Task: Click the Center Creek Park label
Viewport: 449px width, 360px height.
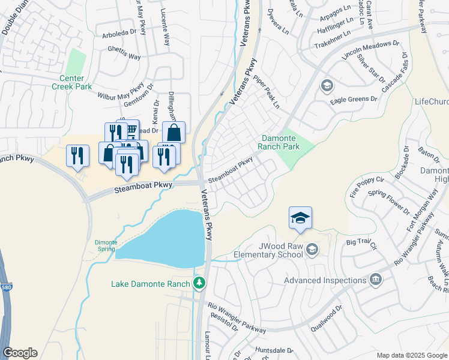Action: click(76, 82)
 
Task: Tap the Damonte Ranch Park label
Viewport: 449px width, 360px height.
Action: click(279, 142)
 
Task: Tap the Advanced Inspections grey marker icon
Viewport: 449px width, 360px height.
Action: click(376, 278)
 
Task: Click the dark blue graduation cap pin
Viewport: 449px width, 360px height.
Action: click(300, 218)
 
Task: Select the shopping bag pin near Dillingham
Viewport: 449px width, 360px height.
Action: click(173, 133)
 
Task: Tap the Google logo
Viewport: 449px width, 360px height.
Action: click(20, 353)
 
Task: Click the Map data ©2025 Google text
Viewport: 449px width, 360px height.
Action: click(412, 355)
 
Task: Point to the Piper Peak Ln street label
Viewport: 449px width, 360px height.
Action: click(267, 92)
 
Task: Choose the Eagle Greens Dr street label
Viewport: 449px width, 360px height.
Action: click(354, 99)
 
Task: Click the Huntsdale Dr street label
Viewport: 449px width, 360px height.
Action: click(273, 350)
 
